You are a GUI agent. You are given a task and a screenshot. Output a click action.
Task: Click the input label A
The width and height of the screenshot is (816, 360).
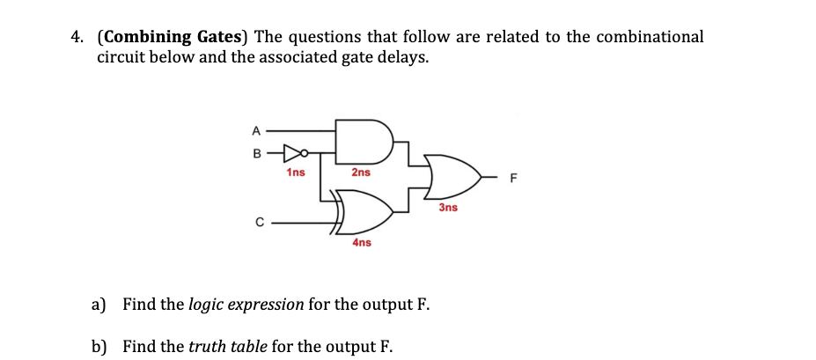tap(256, 131)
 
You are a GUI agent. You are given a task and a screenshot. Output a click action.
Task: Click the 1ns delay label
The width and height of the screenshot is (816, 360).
tap(296, 172)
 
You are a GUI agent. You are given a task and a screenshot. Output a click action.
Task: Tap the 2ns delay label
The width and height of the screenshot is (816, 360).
tap(361, 173)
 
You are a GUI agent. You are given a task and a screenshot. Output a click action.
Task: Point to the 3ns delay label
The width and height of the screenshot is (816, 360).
tap(448, 209)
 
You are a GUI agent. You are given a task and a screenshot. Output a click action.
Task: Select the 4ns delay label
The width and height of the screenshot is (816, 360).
tap(361, 242)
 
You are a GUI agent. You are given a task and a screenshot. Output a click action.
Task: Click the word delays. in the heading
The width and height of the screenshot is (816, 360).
tap(405, 58)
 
